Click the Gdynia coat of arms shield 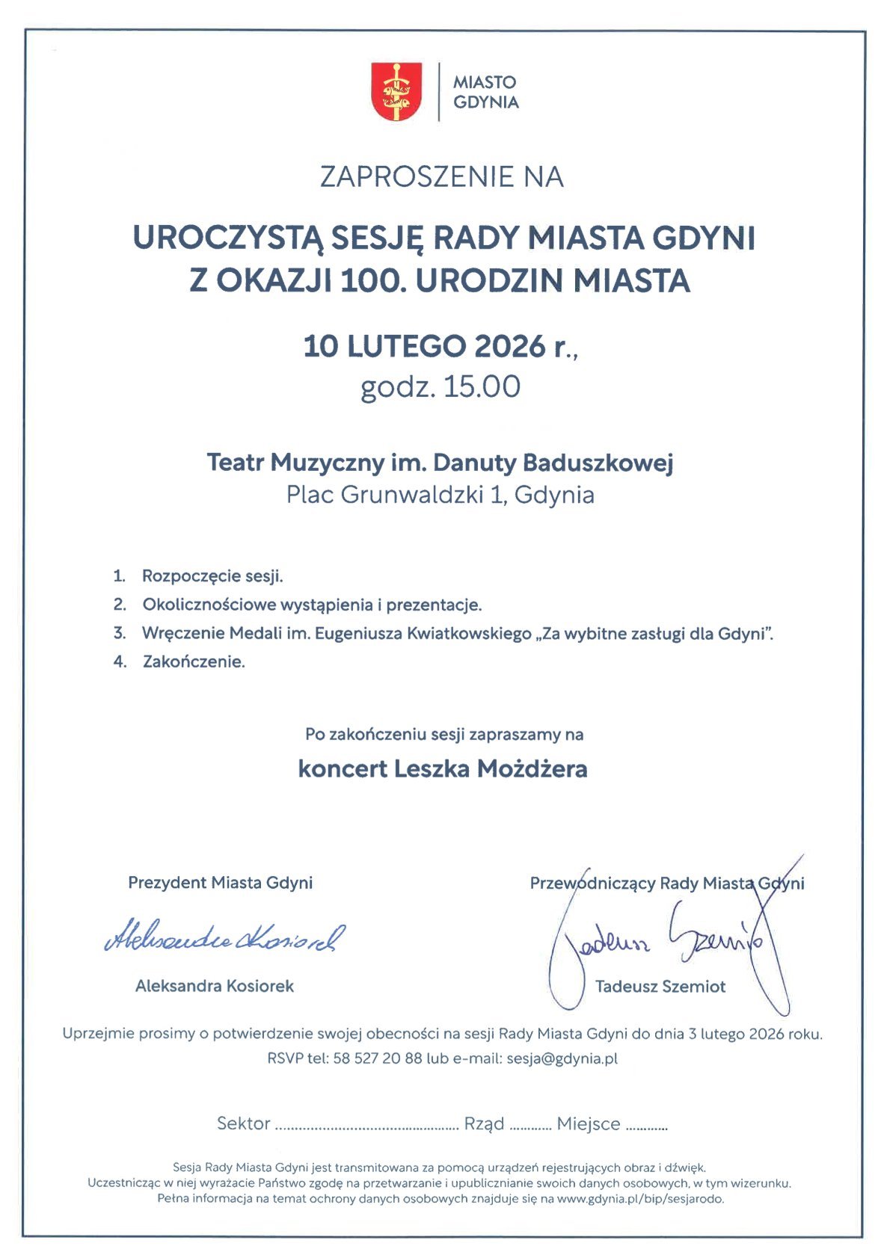click(x=396, y=91)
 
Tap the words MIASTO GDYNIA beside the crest click(x=485, y=92)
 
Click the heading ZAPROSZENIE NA click(x=441, y=177)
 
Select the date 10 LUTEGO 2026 click(x=425, y=347)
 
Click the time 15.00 click(x=482, y=387)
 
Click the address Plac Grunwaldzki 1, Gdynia click(x=441, y=495)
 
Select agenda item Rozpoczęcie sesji click(x=212, y=576)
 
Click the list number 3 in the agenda click(x=119, y=633)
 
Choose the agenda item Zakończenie click(x=194, y=662)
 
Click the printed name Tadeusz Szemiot click(x=660, y=987)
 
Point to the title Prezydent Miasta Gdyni click(x=220, y=883)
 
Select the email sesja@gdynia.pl click(x=562, y=1058)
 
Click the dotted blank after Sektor click(x=366, y=1126)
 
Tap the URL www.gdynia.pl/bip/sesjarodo click(x=640, y=1199)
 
